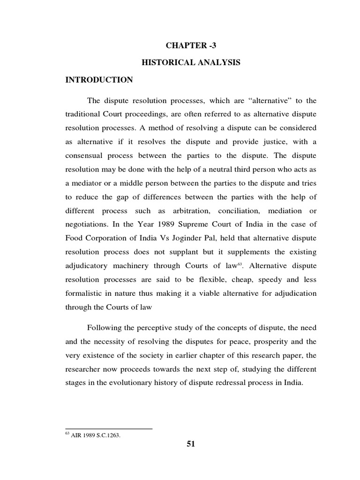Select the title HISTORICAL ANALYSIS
[191, 62]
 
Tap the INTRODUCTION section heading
[99, 80]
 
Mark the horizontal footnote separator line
[109, 428]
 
